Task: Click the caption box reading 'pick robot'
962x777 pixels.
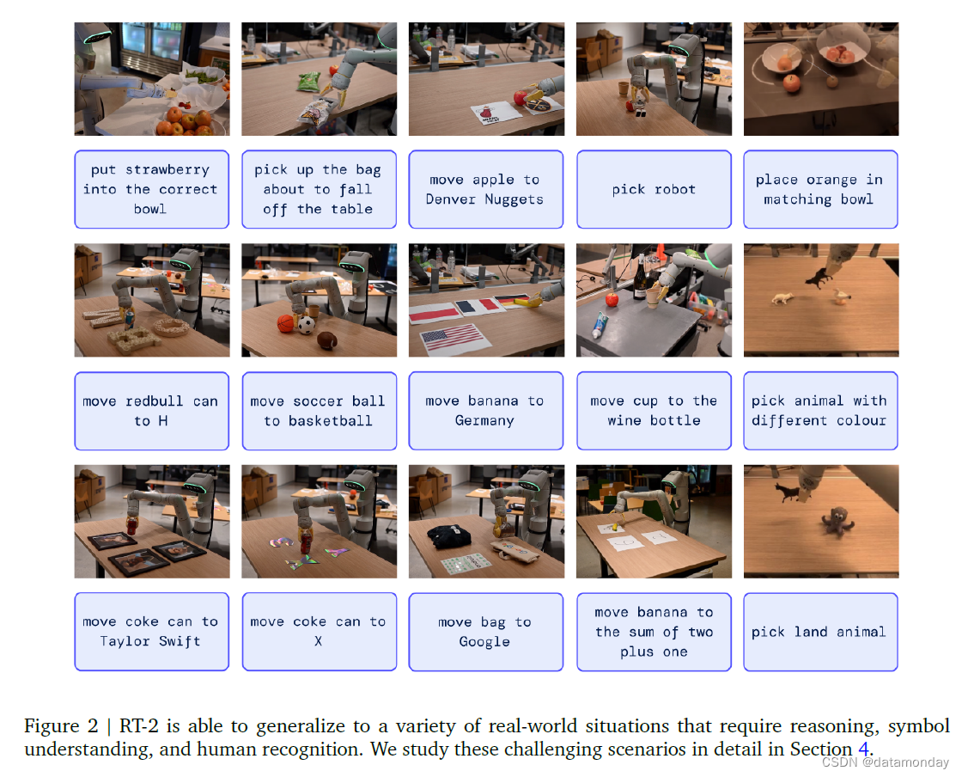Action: click(x=654, y=189)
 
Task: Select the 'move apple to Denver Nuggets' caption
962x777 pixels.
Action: click(x=486, y=189)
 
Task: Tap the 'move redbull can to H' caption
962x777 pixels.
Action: click(x=151, y=411)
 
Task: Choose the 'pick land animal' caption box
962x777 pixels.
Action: click(x=821, y=632)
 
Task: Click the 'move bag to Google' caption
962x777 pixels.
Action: click(x=486, y=632)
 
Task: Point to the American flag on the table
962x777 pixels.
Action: click(x=454, y=338)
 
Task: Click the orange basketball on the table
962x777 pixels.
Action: click(x=286, y=323)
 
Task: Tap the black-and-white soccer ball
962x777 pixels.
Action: click(x=306, y=325)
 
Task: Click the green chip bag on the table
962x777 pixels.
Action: click(x=308, y=82)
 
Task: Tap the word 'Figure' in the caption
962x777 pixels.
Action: click(x=52, y=726)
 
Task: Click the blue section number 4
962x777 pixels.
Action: click(x=863, y=749)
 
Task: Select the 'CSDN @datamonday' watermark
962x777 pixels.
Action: click(x=886, y=762)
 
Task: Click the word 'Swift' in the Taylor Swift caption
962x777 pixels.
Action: click(x=180, y=641)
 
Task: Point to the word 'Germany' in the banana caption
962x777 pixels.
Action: click(x=484, y=421)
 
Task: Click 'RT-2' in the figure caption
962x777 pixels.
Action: click(x=138, y=726)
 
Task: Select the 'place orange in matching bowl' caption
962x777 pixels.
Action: click(x=821, y=189)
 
